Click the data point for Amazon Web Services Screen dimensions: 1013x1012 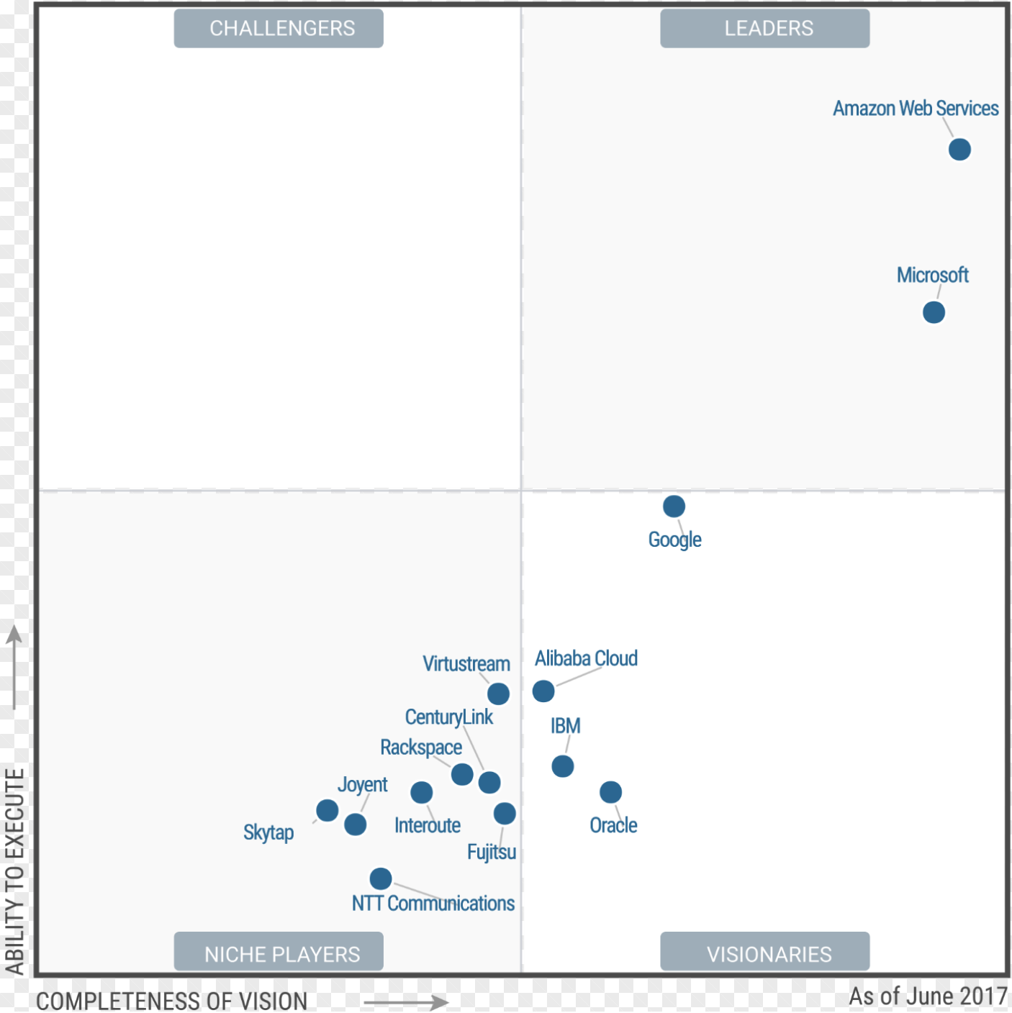(959, 150)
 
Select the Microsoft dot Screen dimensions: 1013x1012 (934, 313)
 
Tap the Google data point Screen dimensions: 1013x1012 (674, 506)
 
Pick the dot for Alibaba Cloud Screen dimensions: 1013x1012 (543, 691)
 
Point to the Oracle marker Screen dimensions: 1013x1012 (610, 792)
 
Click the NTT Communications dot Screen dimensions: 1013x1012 (381, 878)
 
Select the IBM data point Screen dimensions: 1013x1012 (563, 766)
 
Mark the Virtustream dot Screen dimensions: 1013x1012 (498, 694)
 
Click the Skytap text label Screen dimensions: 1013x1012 (268, 832)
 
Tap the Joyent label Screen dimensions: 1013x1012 (363, 784)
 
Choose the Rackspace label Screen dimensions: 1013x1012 (421, 748)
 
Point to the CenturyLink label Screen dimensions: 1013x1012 (449, 717)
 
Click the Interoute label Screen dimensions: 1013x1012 (428, 825)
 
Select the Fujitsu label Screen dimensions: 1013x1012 (492, 852)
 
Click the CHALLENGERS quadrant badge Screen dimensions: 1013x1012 (279, 29)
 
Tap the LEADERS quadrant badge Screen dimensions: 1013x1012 (765, 29)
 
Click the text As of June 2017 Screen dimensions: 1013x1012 (928, 996)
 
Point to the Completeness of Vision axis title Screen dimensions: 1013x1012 (171, 1001)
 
